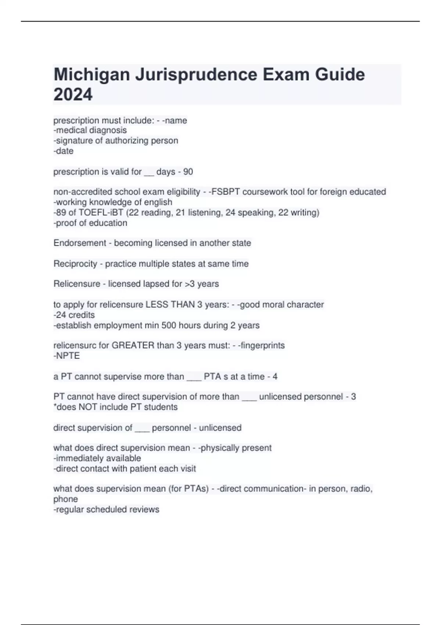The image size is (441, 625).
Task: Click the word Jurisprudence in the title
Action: [196, 75]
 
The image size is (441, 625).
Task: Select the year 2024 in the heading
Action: [73, 94]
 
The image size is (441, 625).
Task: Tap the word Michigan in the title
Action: [92, 75]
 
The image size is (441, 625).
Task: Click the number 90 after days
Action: [188, 172]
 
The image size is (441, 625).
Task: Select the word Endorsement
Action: [79, 243]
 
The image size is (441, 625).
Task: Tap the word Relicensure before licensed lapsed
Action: [76, 284]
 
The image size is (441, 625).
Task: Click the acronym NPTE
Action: [68, 356]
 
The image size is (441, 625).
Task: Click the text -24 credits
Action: [74, 315]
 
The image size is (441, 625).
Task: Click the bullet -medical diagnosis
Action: [90, 130]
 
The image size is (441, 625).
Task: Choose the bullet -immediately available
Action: [97, 458]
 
